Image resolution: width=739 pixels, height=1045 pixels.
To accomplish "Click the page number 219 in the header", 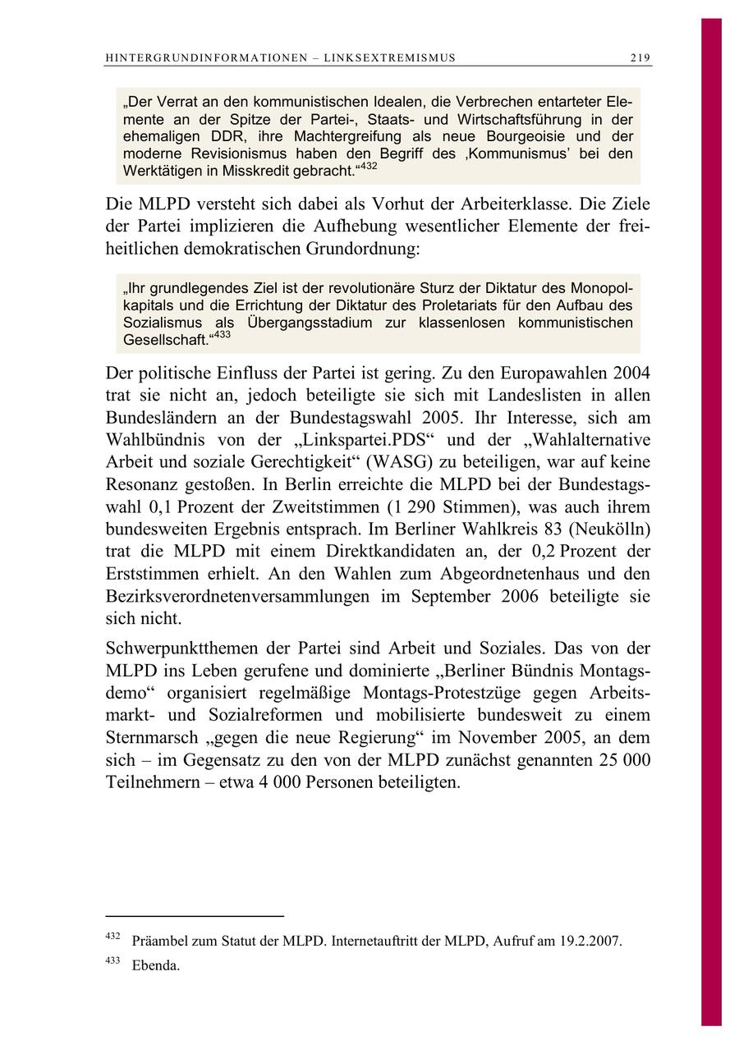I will pyautogui.click(x=640, y=57).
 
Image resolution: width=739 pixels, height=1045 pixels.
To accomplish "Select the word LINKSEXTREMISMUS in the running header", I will pyautogui.click(x=390, y=57).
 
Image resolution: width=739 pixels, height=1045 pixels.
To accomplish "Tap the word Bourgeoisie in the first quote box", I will pyautogui.click(x=516, y=136).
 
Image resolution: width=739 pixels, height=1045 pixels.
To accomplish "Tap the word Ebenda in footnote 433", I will pyautogui.click(x=155, y=965).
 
